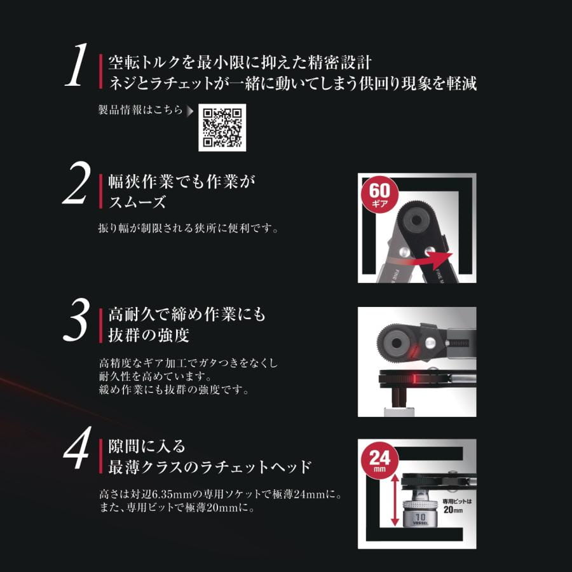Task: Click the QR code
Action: coord(222,128)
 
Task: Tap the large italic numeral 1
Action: coord(78,65)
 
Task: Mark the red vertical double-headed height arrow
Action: coord(395,503)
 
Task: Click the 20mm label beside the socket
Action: coord(453,510)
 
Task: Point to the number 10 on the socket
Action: coord(420,517)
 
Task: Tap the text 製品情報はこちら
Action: coord(140,110)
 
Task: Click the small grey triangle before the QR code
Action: coord(190,111)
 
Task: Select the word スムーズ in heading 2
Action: coord(137,202)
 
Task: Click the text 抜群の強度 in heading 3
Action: coord(149,335)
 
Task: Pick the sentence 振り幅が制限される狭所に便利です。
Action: coord(188,228)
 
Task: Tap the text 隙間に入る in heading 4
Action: coord(147,447)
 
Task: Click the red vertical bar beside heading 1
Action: coord(100,71)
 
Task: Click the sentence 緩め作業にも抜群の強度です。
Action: coord(174,390)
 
